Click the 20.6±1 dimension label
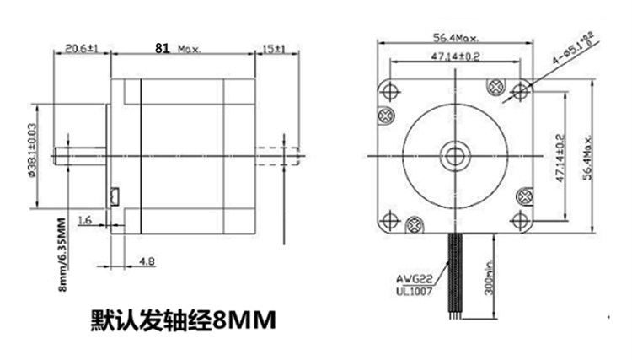[82, 49]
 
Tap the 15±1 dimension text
[274, 49]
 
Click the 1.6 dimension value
[84, 220]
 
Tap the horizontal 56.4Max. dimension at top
[456, 38]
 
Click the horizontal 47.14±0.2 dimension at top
[456, 56]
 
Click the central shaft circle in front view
[456, 154]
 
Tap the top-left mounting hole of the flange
[390, 88]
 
